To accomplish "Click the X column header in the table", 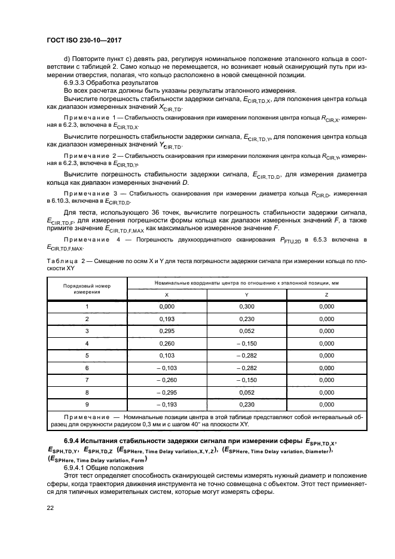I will [166, 294].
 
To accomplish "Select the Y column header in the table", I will [247, 294].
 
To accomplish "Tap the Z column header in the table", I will [326, 294].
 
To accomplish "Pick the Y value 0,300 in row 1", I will [247, 307].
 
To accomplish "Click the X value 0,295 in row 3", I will [166, 331].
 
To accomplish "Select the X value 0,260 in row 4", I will [166, 343].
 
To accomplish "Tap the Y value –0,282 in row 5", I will [247, 355].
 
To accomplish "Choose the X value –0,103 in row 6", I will [166, 368].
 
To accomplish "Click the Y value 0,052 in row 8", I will [247, 392].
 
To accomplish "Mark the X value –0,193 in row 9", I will [166, 404].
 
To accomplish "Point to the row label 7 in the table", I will [87, 380].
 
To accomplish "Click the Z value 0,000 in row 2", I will [326, 319].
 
